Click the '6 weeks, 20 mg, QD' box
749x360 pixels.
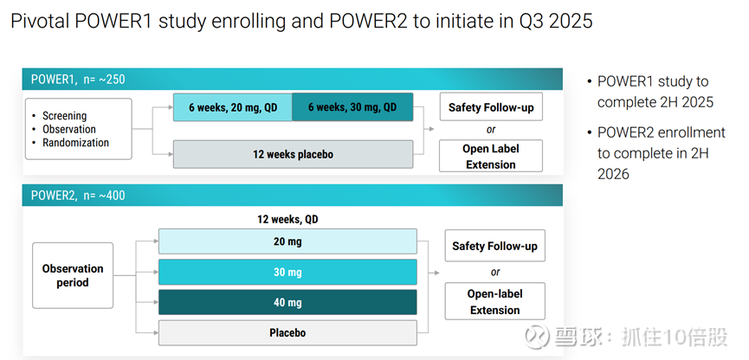click(x=233, y=107)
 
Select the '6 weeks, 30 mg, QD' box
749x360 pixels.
click(x=352, y=107)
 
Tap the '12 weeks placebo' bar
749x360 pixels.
click(x=293, y=154)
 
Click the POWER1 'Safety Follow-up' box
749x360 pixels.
click(x=491, y=107)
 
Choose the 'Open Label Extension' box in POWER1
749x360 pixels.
click(x=491, y=156)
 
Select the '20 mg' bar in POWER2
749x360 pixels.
click(x=287, y=241)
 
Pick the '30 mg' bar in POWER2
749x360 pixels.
click(x=287, y=272)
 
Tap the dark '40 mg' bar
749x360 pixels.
click(x=287, y=302)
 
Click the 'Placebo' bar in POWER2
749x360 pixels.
click(x=287, y=333)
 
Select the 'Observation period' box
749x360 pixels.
click(x=73, y=275)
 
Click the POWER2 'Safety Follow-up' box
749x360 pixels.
click(x=495, y=246)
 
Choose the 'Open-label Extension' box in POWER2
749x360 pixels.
click(x=495, y=301)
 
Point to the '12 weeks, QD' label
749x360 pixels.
click(x=287, y=220)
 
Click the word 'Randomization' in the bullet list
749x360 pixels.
click(x=75, y=143)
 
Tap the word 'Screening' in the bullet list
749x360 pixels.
click(x=64, y=116)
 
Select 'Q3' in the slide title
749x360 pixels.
click(x=530, y=22)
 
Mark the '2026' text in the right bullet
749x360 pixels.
click(x=613, y=174)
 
